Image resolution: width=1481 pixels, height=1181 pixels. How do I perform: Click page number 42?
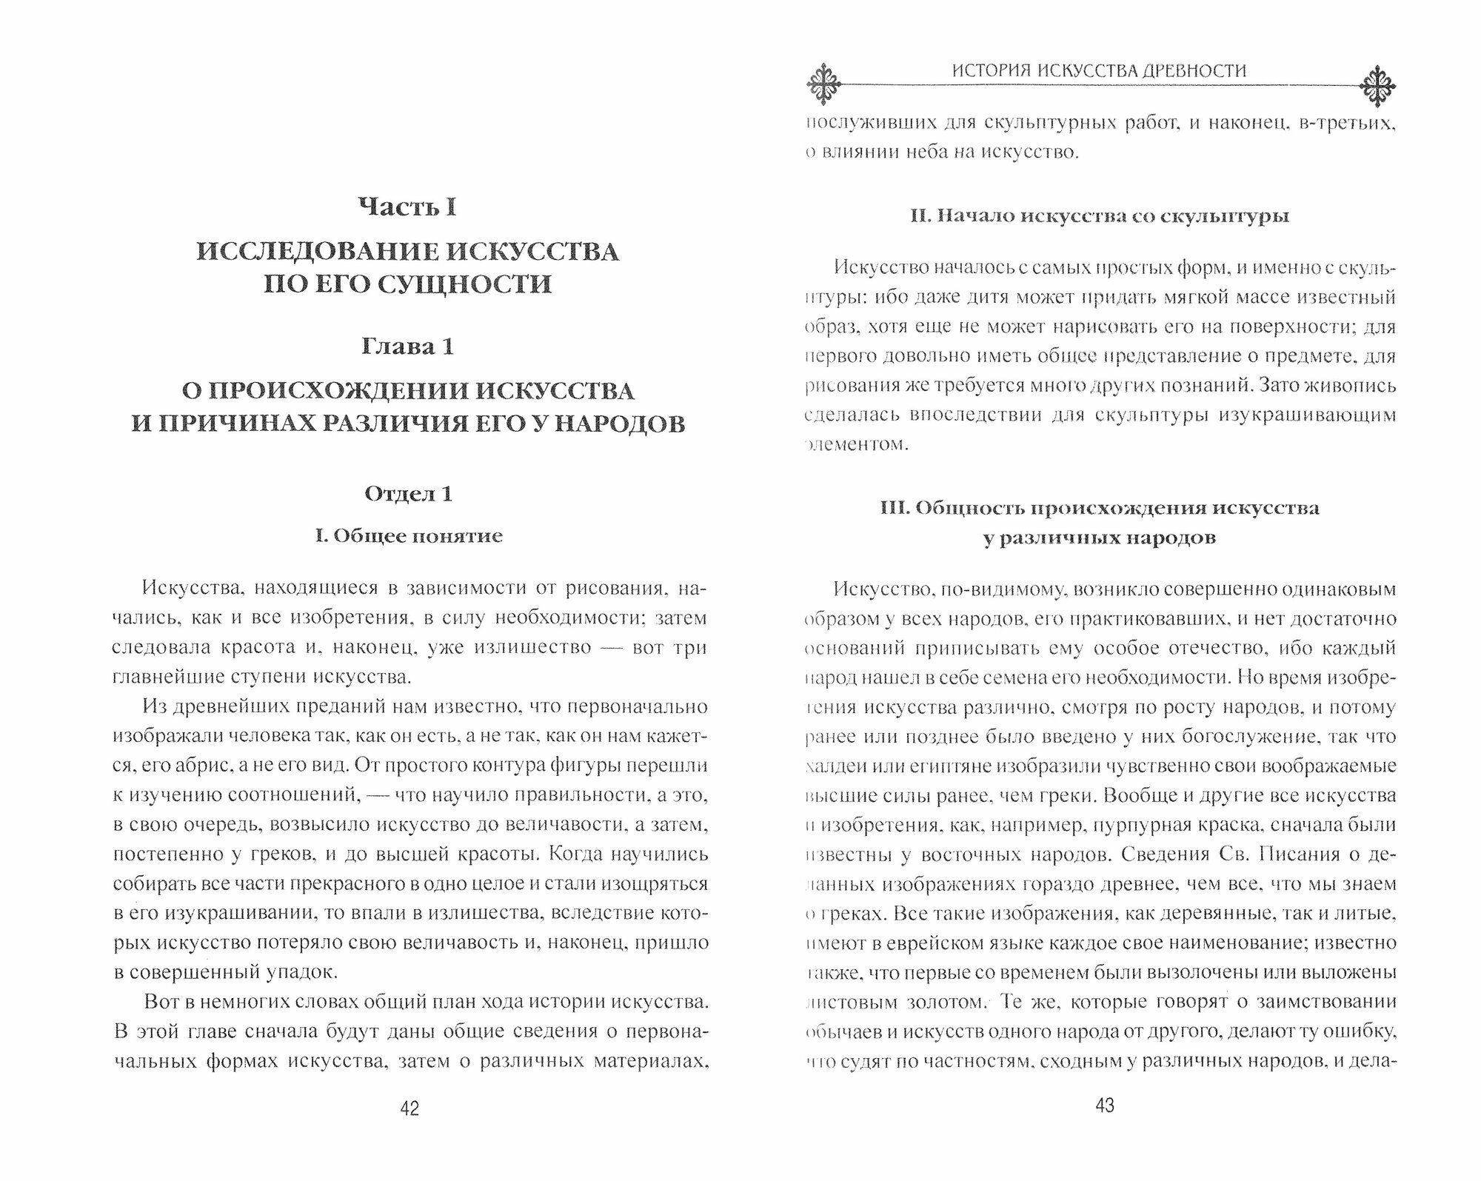pyautogui.click(x=409, y=1108)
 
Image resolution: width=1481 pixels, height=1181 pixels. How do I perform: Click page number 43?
pyautogui.click(x=1104, y=1106)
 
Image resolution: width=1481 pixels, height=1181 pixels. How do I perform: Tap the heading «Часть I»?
pyautogui.click(x=407, y=207)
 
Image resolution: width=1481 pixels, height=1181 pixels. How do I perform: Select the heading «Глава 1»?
pyautogui.click(x=407, y=347)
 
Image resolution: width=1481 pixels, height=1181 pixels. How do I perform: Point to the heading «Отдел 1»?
pyautogui.click(x=408, y=494)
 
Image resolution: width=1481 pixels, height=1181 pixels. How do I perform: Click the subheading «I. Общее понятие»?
pyautogui.click(x=409, y=536)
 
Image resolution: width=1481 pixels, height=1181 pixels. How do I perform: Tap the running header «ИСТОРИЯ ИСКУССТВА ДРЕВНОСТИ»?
pyautogui.click(x=1099, y=71)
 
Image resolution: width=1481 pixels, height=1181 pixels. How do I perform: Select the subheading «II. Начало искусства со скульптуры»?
pyautogui.click(x=1100, y=217)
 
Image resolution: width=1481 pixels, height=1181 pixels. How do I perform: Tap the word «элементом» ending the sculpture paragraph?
pyautogui.click(x=855, y=445)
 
